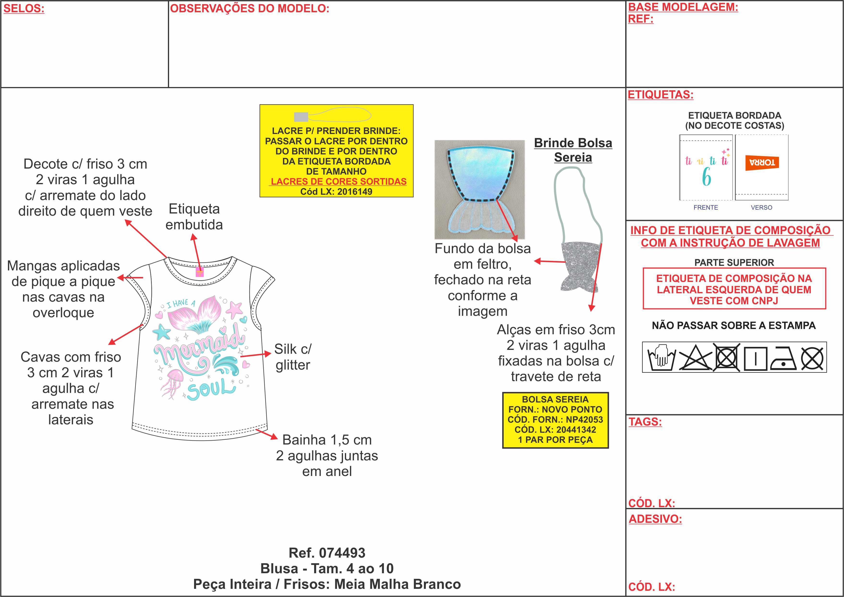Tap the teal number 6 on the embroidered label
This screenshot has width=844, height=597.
pyautogui.click(x=706, y=177)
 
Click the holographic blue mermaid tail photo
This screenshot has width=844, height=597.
pyautogui.click(x=479, y=189)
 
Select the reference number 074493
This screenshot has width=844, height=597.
pyautogui.click(x=342, y=553)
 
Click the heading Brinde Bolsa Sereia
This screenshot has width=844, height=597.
pyautogui.click(x=573, y=150)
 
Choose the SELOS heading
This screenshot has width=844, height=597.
pyautogui.click(x=24, y=8)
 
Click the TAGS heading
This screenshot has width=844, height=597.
pyautogui.click(x=645, y=422)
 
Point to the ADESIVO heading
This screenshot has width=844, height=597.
pyautogui.click(x=655, y=519)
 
